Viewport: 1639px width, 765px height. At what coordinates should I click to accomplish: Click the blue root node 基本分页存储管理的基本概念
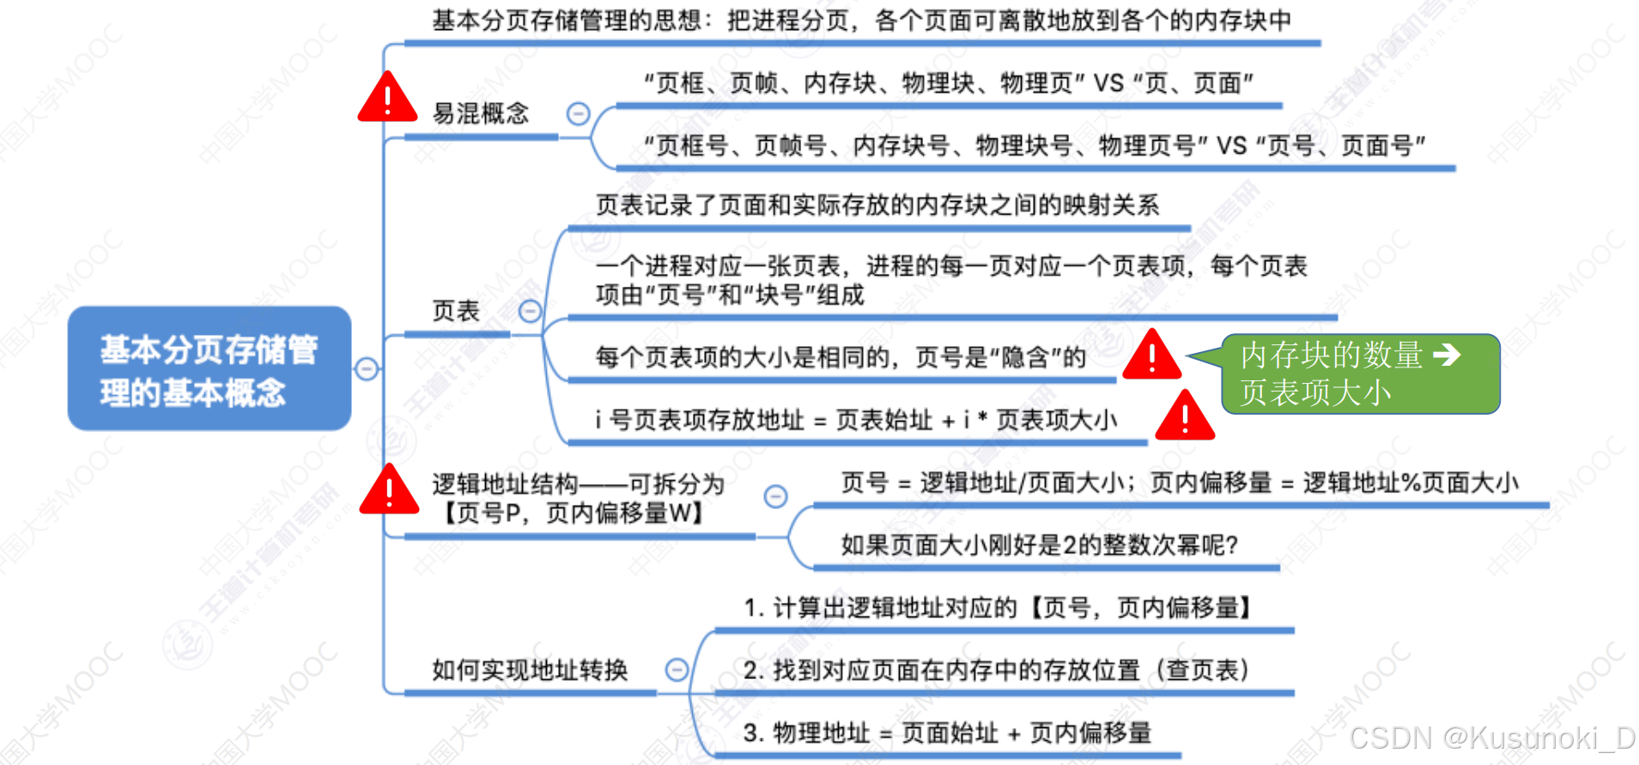(209, 369)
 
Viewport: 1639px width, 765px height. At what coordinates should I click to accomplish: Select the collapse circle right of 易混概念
(578, 113)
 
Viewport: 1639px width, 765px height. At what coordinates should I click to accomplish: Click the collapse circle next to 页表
(531, 311)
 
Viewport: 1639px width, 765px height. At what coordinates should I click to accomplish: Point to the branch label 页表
(455, 311)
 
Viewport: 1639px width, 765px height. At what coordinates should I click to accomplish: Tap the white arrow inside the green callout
(1448, 354)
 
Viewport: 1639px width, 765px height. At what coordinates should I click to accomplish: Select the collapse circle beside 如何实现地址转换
(677, 670)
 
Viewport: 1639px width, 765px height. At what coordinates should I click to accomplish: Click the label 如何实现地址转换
(530, 670)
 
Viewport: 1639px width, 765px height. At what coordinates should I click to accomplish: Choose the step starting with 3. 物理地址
(947, 732)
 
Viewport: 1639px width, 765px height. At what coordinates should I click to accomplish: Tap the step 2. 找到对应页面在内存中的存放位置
(996, 670)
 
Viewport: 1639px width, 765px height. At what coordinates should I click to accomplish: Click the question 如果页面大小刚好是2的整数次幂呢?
(1039, 544)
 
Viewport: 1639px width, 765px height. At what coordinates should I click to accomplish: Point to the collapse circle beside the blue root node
(367, 369)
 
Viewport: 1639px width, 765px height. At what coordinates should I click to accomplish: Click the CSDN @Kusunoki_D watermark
(1492, 738)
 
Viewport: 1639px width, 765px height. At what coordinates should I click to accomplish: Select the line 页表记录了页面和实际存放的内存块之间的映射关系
(877, 204)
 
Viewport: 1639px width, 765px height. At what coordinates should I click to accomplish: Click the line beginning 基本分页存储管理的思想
(861, 20)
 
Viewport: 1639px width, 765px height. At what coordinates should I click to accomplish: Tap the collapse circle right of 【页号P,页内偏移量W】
(775, 496)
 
